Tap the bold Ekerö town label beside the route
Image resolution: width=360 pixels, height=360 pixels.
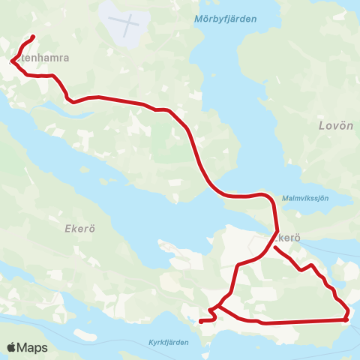[x=287, y=237]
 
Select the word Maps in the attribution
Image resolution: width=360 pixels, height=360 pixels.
[x=32, y=347]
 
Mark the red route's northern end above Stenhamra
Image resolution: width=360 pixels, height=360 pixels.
[x=34, y=37]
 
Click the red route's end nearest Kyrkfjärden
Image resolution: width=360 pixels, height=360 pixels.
[x=200, y=322]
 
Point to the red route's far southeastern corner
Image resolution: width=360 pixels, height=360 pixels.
[x=346, y=319]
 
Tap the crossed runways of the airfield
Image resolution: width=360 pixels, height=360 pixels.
[x=128, y=22]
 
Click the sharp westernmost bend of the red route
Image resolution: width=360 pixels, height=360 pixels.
[x=12, y=59]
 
